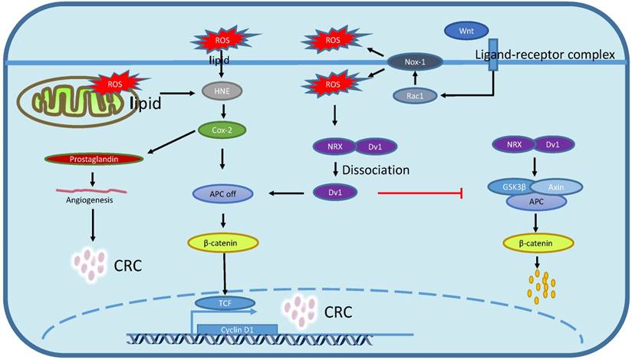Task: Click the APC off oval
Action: pyautogui.click(x=221, y=194)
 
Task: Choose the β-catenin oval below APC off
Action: pyautogui.click(x=221, y=243)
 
